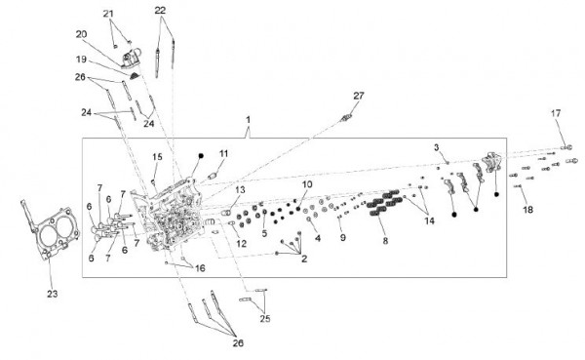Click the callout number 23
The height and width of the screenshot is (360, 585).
pyautogui.click(x=53, y=294)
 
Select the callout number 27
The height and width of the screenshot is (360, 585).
pyautogui.click(x=359, y=96)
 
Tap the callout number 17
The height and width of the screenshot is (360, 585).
pyautogui.click(x=556, y=113)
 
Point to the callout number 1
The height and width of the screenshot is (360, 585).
pyautogui.click(x=248, y=120)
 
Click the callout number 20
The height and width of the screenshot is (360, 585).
pyautogui.click(x=81, y=34)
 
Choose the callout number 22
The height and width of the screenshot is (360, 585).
pyautogui.click(x=160, y=11)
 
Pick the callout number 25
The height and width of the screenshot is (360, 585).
pyautogui.click(x=265, y=319)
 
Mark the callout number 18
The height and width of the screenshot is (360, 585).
pyautogui.click(x=527, y=210)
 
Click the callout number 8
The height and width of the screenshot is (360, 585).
pyautogui.click(x=385, y=241)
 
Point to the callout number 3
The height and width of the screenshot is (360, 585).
pyautogui.click(x=437, y=147)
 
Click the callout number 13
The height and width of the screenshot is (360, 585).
pyautogui.click(x=240, y=190)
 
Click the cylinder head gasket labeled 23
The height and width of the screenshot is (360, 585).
pyautogui.click(x=50, y=230)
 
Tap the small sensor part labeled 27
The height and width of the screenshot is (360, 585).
pyautogui.click(x=345, y=119)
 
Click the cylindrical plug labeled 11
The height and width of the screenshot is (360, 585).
pyautogui.click(x=213, y=176)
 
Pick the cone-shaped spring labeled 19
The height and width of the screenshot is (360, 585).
pyautogui.click(x=134, y=76)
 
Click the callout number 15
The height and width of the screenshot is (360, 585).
pyautogui.click(x=157, y=157)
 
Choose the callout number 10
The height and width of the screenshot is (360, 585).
pyautogui.click(x=307, y=184)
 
